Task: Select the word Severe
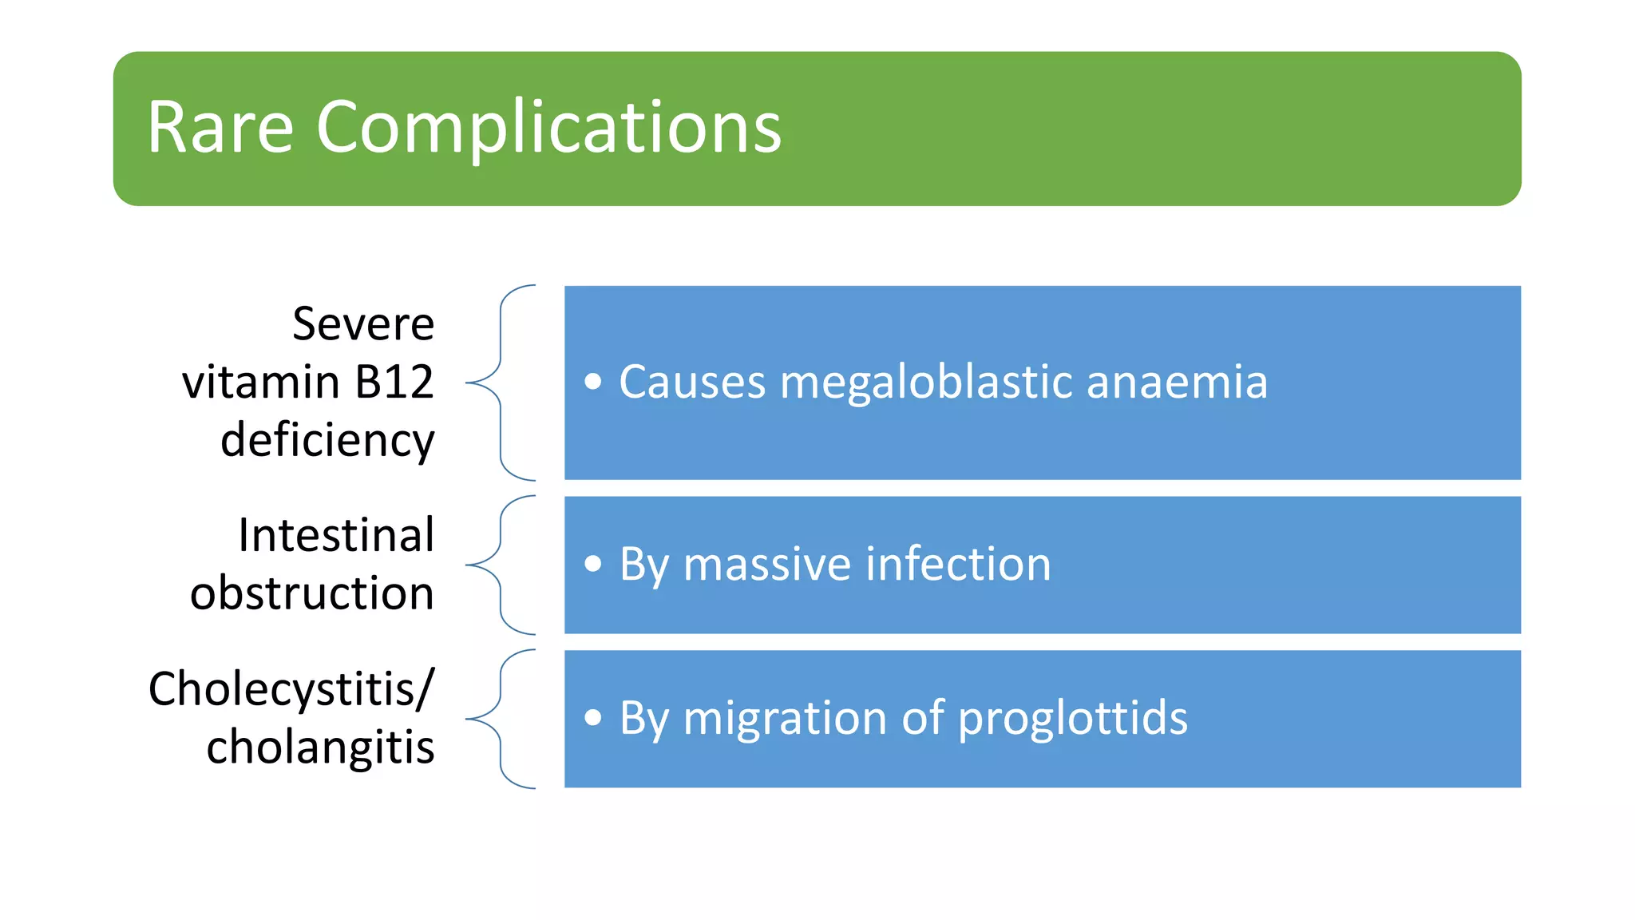[x=363, y=324]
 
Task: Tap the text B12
[x=394, y=382]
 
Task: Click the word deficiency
[x=327, y=441]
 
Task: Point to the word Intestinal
[x=336, y=535]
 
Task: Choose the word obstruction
[x=312, y=593]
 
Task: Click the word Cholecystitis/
[x=291, y=689]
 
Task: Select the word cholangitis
[x=320, y=747]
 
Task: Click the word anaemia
[x=1177, y=382]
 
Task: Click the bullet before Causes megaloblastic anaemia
[x=592, y=382]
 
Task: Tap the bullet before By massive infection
[x=592, y=565]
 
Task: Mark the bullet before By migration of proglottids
[x=592, y=718]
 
